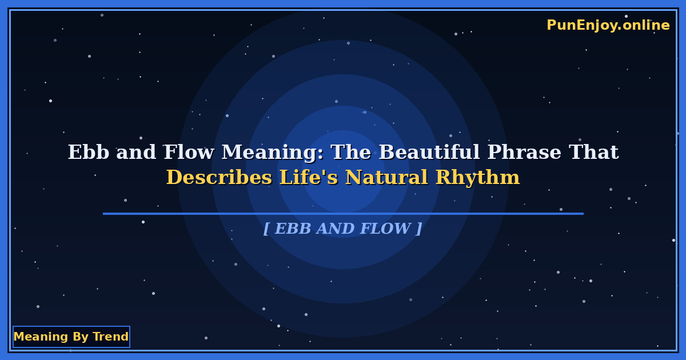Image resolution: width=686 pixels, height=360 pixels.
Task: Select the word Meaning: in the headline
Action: (x=272, y=153)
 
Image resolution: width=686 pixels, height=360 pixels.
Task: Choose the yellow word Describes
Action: (x=219, y=178)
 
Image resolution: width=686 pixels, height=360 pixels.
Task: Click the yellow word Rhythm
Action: (x=477, y=178)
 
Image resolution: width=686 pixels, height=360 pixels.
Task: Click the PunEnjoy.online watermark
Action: (x=608, y=25)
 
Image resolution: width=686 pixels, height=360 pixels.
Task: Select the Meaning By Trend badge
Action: (x=71, y=337)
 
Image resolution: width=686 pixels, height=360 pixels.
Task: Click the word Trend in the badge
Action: (x=111, y=337)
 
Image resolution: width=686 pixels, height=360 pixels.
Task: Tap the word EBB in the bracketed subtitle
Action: (x=293, y=229)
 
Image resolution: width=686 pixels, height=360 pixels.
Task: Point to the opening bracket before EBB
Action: (x=266, y=229)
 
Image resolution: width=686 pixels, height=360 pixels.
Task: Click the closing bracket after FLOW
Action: (x=419, y=229)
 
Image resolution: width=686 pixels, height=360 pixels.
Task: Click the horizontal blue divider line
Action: (x=343, y=214)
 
